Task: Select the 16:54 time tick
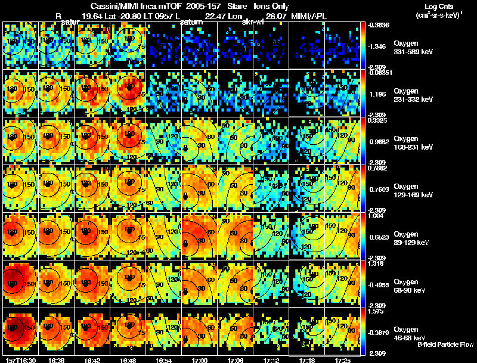click(163, 360)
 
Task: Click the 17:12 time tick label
click(271, 360)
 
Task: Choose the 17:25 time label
click(342, 360)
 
